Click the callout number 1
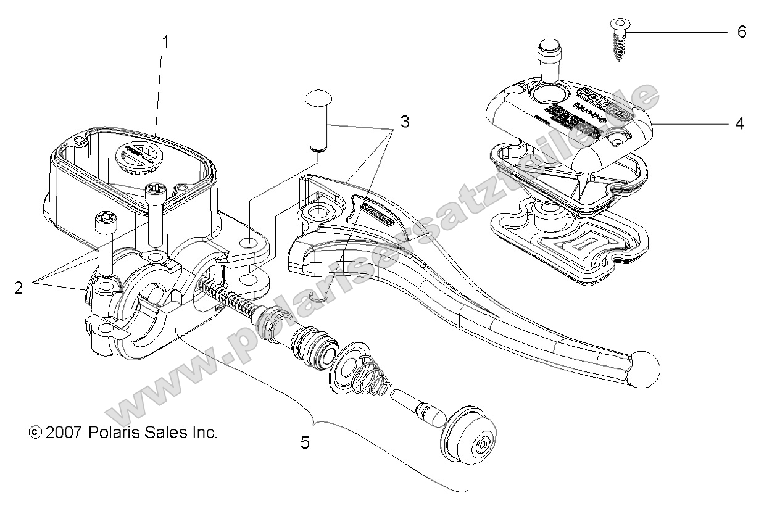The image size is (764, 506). (x=165, y=42)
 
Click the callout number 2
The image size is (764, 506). (x=18, y=288)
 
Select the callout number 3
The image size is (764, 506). (x=404, y=122)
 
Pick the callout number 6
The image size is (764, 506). (x=741, y=31)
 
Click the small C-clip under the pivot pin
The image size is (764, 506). (x=319, y=299)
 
